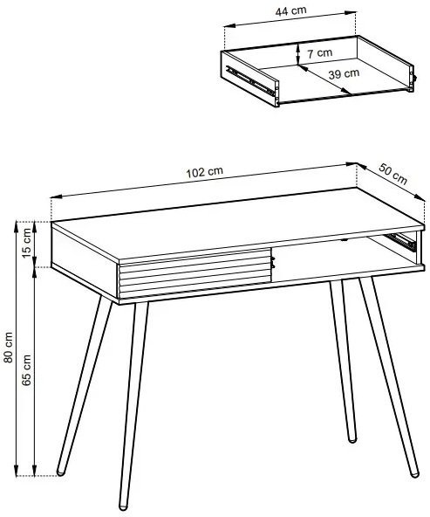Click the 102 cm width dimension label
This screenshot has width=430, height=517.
click(x=204, y=172)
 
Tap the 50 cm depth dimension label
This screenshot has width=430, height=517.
click(x=392, y=174)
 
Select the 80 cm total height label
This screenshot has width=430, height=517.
click(x=8, y=348)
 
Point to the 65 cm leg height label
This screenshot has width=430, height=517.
click(x=26, y=370)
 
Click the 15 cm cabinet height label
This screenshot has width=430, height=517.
click(x=27, y=244)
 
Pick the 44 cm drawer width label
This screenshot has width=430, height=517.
click(x=290, y=10)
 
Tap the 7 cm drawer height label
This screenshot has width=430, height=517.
click(x=320, y=52)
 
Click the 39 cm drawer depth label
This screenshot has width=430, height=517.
click(x=344, y=74)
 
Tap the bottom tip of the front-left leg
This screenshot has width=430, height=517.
click(x=123, y=507)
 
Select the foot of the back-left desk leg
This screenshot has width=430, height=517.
click(x=60, y=472)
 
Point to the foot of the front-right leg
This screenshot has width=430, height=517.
click(x=414, y=474)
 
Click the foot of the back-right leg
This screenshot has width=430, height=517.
click(x=352, y=439)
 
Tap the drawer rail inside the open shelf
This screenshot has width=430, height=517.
click(x=400, y=241)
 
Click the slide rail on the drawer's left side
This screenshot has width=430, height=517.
click(x=250, y=80)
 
